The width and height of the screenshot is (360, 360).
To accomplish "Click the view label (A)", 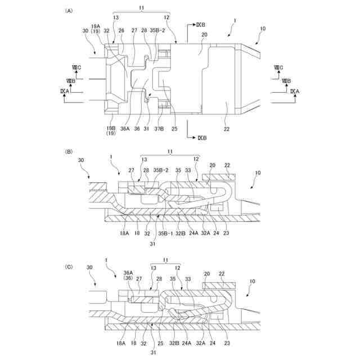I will pos(69,11).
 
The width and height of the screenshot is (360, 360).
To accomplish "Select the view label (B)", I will pos(69,152).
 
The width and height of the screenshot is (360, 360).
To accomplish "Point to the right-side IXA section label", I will pos(295,90).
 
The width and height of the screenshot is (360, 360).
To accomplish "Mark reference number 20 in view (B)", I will pos(212,165).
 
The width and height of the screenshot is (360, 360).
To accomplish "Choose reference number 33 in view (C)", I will pos(188,278).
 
